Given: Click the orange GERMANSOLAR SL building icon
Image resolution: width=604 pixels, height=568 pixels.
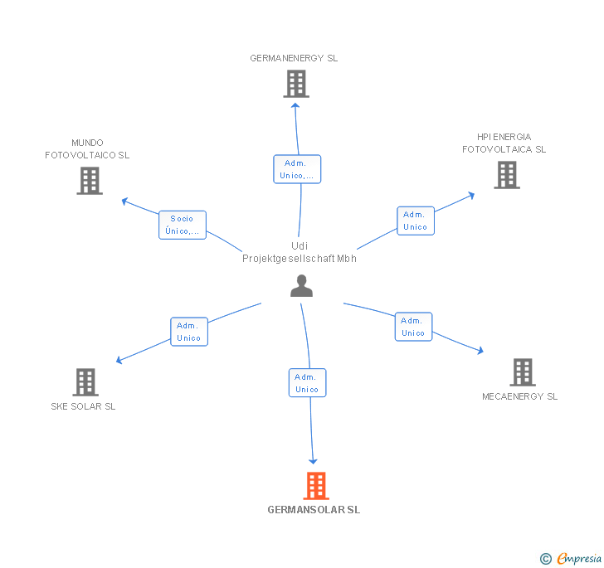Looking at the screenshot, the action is coord(316,486).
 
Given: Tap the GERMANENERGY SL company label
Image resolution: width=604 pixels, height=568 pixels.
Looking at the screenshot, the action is coord(294,58).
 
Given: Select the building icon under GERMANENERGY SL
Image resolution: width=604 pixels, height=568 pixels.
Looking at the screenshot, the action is coord(296,84).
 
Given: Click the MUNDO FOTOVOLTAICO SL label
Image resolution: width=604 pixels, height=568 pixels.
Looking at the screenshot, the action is coord(87,149).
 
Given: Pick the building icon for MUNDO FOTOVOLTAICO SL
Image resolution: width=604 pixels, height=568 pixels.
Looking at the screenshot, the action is coord(90,181).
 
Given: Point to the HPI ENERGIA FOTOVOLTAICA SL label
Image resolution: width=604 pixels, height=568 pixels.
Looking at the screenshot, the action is coord(504,143).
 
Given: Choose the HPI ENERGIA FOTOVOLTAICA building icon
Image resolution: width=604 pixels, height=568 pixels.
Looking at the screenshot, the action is coord(507,175).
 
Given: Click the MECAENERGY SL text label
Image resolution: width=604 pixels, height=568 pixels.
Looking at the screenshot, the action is coord(520,396).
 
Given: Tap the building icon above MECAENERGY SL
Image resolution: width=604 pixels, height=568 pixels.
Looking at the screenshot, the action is coord(523,372).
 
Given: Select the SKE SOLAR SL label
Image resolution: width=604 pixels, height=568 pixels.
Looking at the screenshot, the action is coord(83,406).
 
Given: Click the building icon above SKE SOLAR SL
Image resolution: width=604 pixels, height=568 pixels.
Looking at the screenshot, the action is coord(85,382).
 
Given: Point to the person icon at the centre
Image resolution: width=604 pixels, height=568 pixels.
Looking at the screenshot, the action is coord(302,286).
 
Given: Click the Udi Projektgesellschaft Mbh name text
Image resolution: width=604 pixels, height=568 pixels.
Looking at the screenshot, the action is coord(300,252).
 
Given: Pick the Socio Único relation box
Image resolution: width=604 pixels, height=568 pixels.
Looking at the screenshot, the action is coord(183,225).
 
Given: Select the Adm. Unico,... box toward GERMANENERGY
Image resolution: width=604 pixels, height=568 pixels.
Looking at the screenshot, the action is coord(297,169).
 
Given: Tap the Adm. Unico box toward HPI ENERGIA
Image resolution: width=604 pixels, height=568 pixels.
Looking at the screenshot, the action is coord(416,221).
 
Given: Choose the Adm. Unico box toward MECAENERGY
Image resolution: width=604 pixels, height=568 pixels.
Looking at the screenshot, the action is coord(414,327).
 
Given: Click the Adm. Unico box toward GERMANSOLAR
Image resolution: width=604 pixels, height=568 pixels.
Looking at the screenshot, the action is coord(307,383).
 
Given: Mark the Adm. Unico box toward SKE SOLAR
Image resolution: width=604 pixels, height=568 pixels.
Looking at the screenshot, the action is coord(189,332).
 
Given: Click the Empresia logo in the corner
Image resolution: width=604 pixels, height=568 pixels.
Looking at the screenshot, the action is coord(571,558).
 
